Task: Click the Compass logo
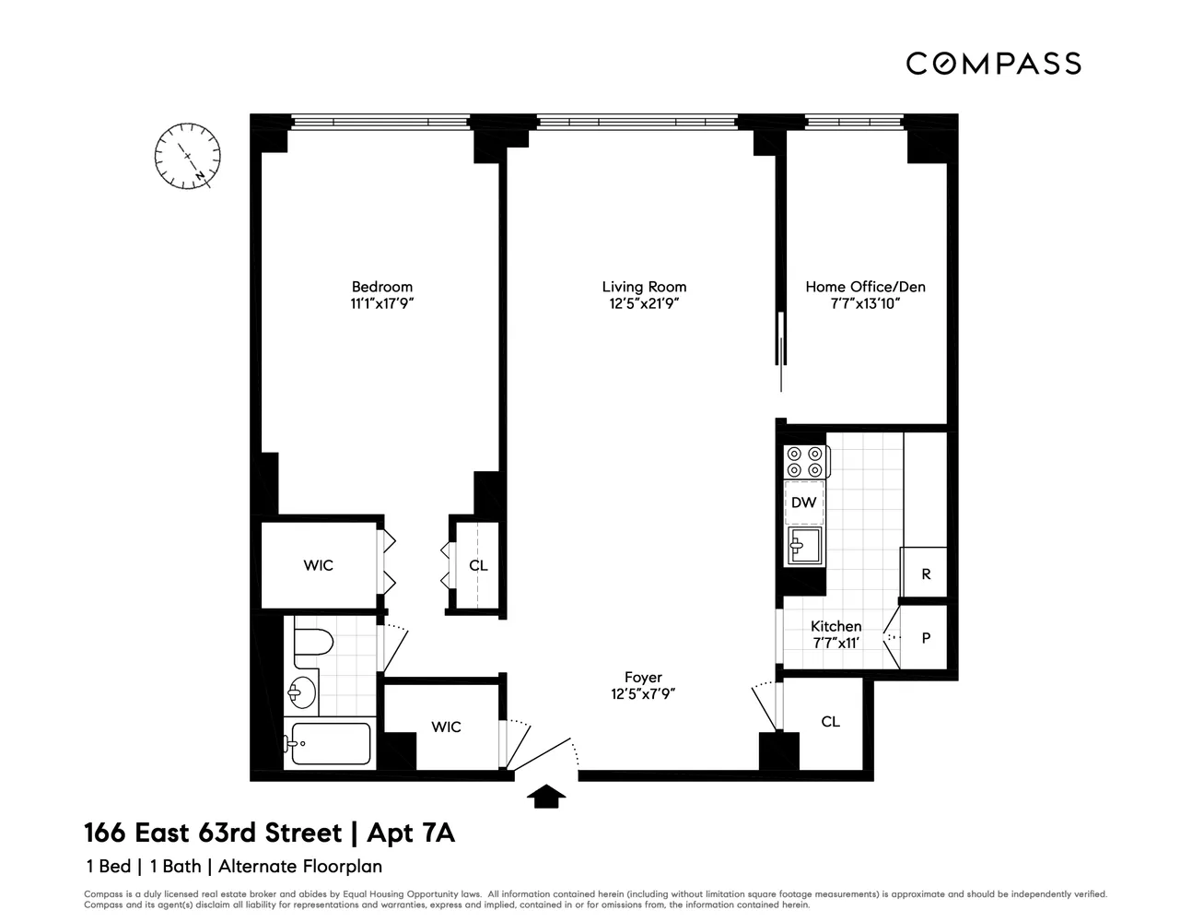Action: click(993, 63)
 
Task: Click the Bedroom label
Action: click(382, 287)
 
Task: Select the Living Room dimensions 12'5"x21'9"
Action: click(644, 303)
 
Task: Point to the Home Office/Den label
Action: click(865, 287)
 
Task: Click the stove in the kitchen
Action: click(804, 462)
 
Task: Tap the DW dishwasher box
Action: click(803, 502)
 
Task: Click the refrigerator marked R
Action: click(926, 573)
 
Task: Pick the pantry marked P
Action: click(926, 637)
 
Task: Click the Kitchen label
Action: click(836, 626)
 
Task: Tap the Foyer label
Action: click(643, 678)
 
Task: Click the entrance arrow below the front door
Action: click(547, 796)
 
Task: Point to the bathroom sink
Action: click(300, 691)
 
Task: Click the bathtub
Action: click(329, 743)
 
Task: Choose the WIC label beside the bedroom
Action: click(319, 565)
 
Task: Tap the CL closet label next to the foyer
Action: click(830, 722)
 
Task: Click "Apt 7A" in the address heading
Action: click(411, 833)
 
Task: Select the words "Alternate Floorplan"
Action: click(300, 867)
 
